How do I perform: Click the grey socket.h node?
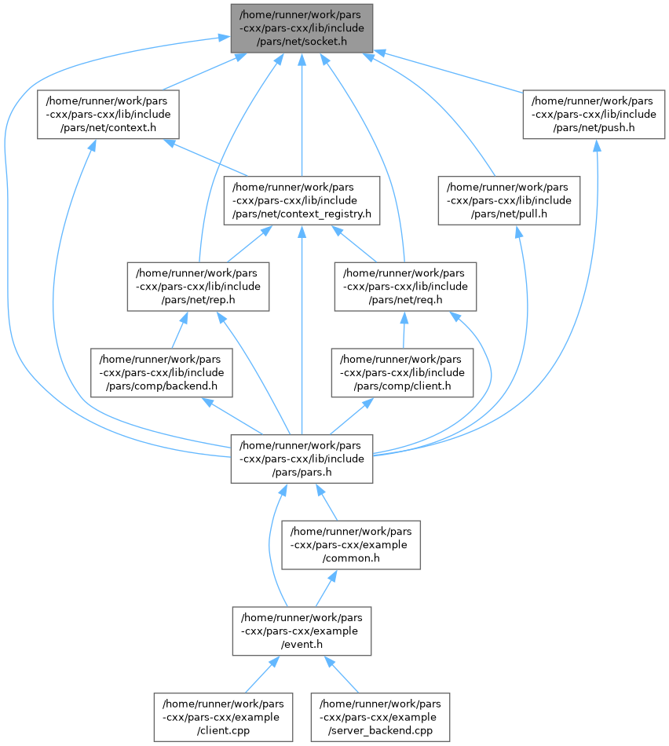click(302, 28)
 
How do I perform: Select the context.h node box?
click(108, 114)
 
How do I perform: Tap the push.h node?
click(594, 114)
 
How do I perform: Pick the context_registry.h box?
click(302, 200)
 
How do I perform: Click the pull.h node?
click(509, 200)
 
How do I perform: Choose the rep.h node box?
click(198, 286)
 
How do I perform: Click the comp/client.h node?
click(404, 372)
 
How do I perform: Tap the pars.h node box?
click(302, 459)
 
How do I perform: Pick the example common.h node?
click(351, 544)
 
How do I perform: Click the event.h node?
click(302, 631)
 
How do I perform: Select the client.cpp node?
click(223, 716)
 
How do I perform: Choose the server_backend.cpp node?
click(381, 716)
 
